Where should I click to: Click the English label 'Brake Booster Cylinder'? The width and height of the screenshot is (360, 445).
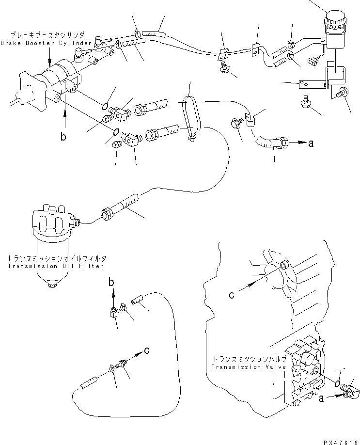click(x=46, y=43)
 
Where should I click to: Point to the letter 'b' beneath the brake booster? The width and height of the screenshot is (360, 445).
click(x=63, y=137)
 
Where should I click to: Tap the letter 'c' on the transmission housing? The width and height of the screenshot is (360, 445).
click(x=231, y=294)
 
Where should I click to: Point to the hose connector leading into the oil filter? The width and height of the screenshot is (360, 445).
click(x=107, y=214)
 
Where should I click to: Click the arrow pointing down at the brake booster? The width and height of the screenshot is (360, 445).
click(x=49, y=60)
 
